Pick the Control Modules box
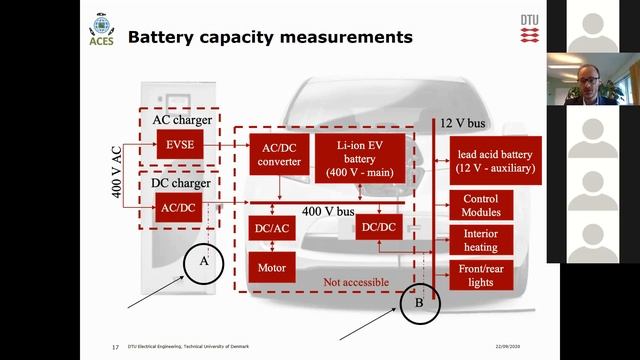(x=480, y=205)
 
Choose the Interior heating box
(x=480, y=240)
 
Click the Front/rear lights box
(x=480, y=275)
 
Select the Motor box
(x=272, y=267)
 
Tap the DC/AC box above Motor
(x=272, y=228)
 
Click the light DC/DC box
(x=379, y=228)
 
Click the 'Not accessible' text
(x=356, y=282)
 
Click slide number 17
(x=115, y=347)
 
